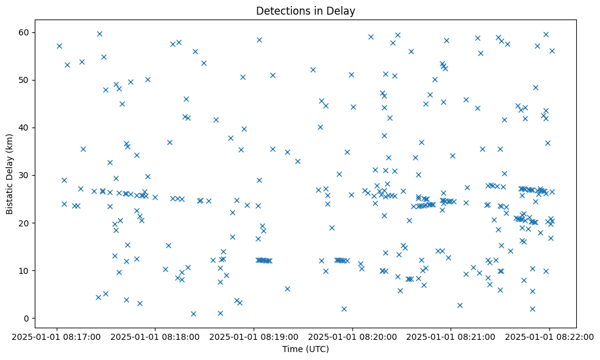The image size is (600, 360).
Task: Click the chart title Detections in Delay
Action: (305, 11)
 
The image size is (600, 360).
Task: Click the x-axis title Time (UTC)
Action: (305, 349)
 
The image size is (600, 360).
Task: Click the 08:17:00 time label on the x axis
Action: (57, 336)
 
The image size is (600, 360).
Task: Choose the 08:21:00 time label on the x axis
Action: (451, 336)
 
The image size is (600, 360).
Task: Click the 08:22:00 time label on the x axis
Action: (549, 336)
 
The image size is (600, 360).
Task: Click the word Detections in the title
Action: (282, 11)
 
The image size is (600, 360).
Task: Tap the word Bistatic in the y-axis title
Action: (10, 193)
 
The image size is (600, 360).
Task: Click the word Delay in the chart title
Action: (343, 11)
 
